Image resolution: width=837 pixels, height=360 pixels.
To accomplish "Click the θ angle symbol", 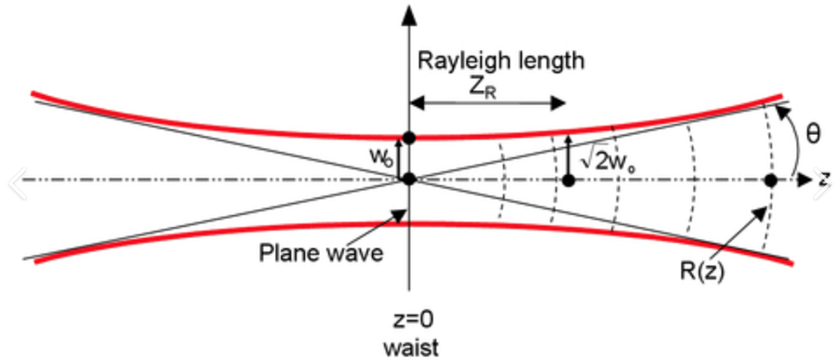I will pyautogui.click(x=812, y=134).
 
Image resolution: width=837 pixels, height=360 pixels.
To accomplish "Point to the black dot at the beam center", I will pyautogui.click(x=408, y=179).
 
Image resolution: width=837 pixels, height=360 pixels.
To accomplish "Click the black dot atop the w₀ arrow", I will pyautogui.click(x=408, y=138).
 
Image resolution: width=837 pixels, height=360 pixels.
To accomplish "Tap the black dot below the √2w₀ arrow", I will pyautogui.click(x=569, y=179).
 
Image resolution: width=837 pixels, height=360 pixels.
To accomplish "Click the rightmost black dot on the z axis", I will pyautogui.click(x=770, y=179).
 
